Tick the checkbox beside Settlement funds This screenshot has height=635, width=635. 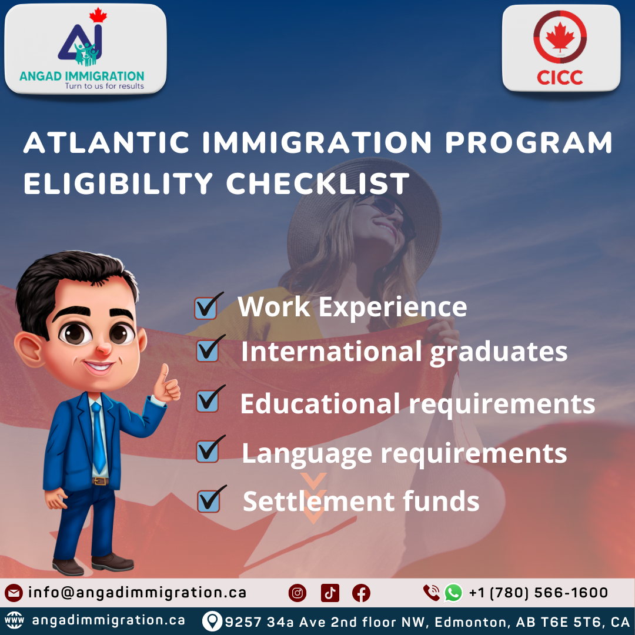pyautogui.click(x=208, y=502)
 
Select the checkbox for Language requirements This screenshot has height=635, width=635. pyautogui.click(x=207, y=452)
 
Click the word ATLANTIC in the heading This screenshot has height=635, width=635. pyautogui.click(x=106, y=143)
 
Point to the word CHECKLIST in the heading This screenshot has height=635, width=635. pyautogui.click(x=317, y=183)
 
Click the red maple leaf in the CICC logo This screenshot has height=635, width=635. pyautogui.click(x=560, y=36)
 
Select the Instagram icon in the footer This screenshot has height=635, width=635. pyautogui.click(x=298, y=593)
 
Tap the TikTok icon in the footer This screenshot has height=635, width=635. pyautogui.click(x=330, y=593)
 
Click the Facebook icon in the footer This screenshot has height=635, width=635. pyautogui.click(x=361, y=593)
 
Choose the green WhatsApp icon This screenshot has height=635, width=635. pyautogui.click(x=453, y=593)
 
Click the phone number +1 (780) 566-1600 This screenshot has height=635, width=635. pyautogui.click(x=538, y=593)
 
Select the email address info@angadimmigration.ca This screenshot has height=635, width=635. pyautogui.click(x=137, y=593)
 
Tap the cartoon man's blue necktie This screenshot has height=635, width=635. pyautogui.click(x=98, y=435)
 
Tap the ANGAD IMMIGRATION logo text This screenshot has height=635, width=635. pyautogui.click(x=82, y=75)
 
